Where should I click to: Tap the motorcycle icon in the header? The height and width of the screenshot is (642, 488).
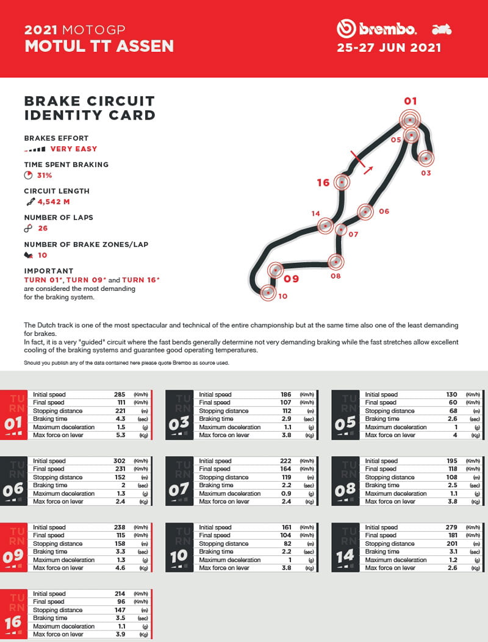441,29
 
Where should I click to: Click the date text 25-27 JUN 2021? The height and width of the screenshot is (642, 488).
389,48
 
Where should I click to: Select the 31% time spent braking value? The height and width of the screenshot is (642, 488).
44,175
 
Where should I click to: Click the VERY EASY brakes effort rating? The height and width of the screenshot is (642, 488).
73,149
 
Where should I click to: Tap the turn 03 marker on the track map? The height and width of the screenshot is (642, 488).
426,159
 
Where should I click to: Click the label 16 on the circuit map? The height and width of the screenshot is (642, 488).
323,182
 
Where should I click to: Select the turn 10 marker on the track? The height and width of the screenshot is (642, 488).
268,293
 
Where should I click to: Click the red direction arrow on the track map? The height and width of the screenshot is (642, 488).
368,169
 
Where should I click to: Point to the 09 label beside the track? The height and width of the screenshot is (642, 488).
291,279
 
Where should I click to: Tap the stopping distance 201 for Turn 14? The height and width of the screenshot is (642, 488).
452,544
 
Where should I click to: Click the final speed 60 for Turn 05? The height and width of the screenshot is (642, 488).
452,402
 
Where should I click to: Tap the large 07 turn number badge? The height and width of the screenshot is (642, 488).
179,489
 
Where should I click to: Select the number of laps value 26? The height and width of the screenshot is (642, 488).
43,229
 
